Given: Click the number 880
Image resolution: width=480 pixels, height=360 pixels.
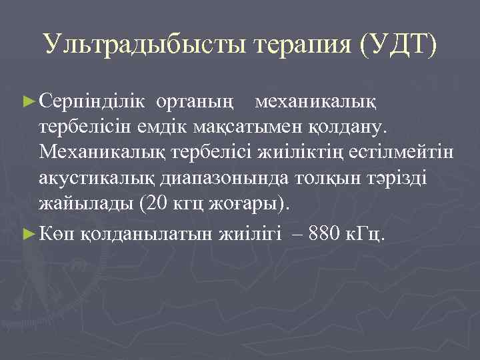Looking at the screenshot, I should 329,233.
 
